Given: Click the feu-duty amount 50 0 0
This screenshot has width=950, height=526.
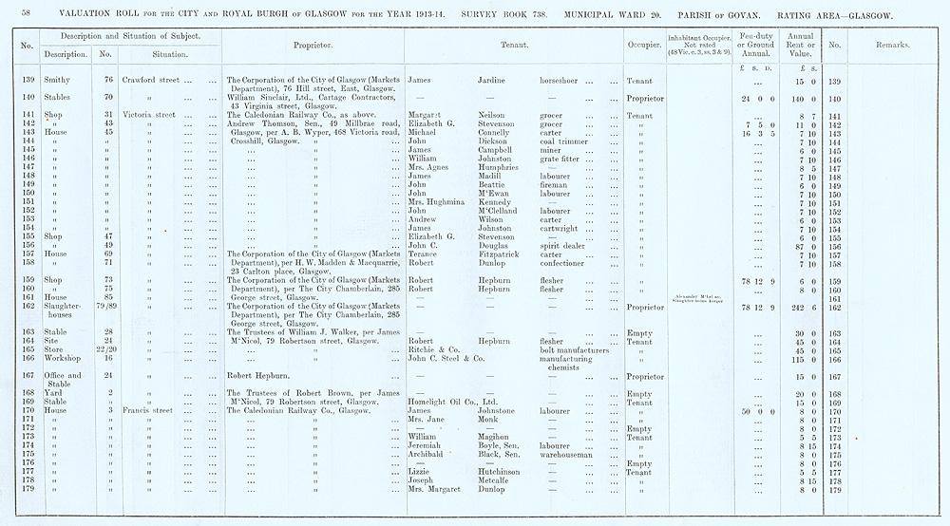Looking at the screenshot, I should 758,411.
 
